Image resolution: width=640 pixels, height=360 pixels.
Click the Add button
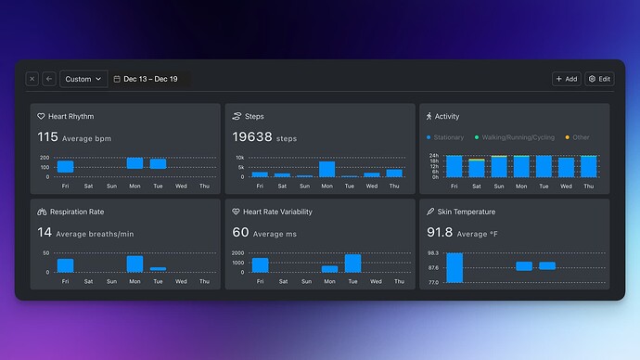[x=566, y=79]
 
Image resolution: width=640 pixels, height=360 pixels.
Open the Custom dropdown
[x=83, y=79]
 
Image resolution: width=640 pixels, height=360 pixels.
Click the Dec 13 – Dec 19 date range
[x=151, y=79]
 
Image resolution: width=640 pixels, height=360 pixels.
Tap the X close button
[x=32, y=79]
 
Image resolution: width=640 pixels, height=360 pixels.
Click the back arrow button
[x=49, y=79]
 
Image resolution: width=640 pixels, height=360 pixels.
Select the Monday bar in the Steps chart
[x=326, y=169]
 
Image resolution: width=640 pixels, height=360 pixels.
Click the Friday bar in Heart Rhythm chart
[x=65, y=166]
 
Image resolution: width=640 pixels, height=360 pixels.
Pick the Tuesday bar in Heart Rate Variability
[x=352, y=264]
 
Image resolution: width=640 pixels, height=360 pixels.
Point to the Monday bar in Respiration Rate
[x=134, y=264]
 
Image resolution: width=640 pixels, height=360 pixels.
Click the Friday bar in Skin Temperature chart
[x=454, y=267]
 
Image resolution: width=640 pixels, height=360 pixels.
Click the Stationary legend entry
[x=445, y=137]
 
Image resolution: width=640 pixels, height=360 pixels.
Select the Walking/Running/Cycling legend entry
[x=515, y=137]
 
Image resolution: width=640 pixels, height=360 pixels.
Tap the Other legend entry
[x=577, y=137]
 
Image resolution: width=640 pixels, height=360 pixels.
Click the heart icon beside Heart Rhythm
[x=41, y=117]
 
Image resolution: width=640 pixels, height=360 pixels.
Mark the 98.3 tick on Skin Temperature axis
[x=433, y=253]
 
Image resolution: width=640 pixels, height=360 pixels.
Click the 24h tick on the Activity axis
[x=433, y=156]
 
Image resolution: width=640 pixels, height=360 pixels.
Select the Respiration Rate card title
[x=78, y=212]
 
